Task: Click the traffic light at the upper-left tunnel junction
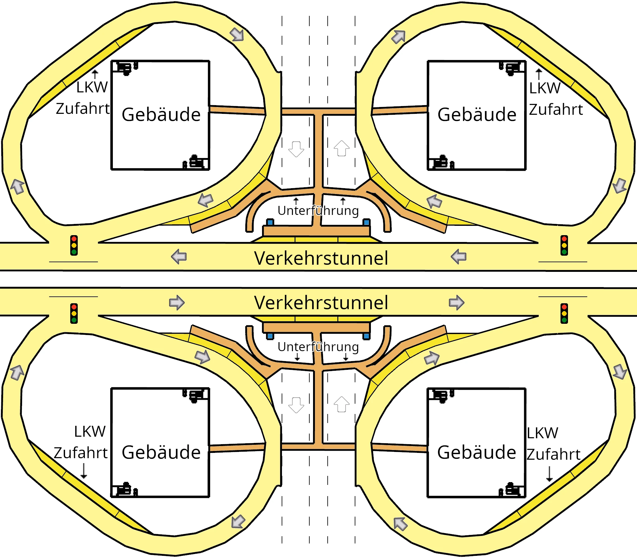tap(74, 245)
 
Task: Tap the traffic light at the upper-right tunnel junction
tap(564, 245)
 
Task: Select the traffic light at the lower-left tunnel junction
tap(74, 313)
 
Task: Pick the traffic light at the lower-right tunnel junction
tap(564, 313)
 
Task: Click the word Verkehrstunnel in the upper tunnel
tap(321, 258)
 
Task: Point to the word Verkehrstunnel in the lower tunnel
tap(321, 303)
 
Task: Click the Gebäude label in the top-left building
tap(161, 114)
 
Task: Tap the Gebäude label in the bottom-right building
tap(476, 453)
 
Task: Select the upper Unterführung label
tap(318, 211)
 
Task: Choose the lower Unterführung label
tap(318, 346)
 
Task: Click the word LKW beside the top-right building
tap(545, 88)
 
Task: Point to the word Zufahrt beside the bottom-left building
tap(81, 453)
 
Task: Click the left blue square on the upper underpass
tap(270, 222)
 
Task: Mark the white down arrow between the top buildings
tap(296, 149)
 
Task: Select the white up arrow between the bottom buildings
tap(341, 404)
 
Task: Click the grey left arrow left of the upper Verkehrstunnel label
tap(179, 257)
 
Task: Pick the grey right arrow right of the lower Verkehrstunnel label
tap(456, 303)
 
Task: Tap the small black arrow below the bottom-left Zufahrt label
tap(84, 471)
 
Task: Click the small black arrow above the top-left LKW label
tap(95, 74)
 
